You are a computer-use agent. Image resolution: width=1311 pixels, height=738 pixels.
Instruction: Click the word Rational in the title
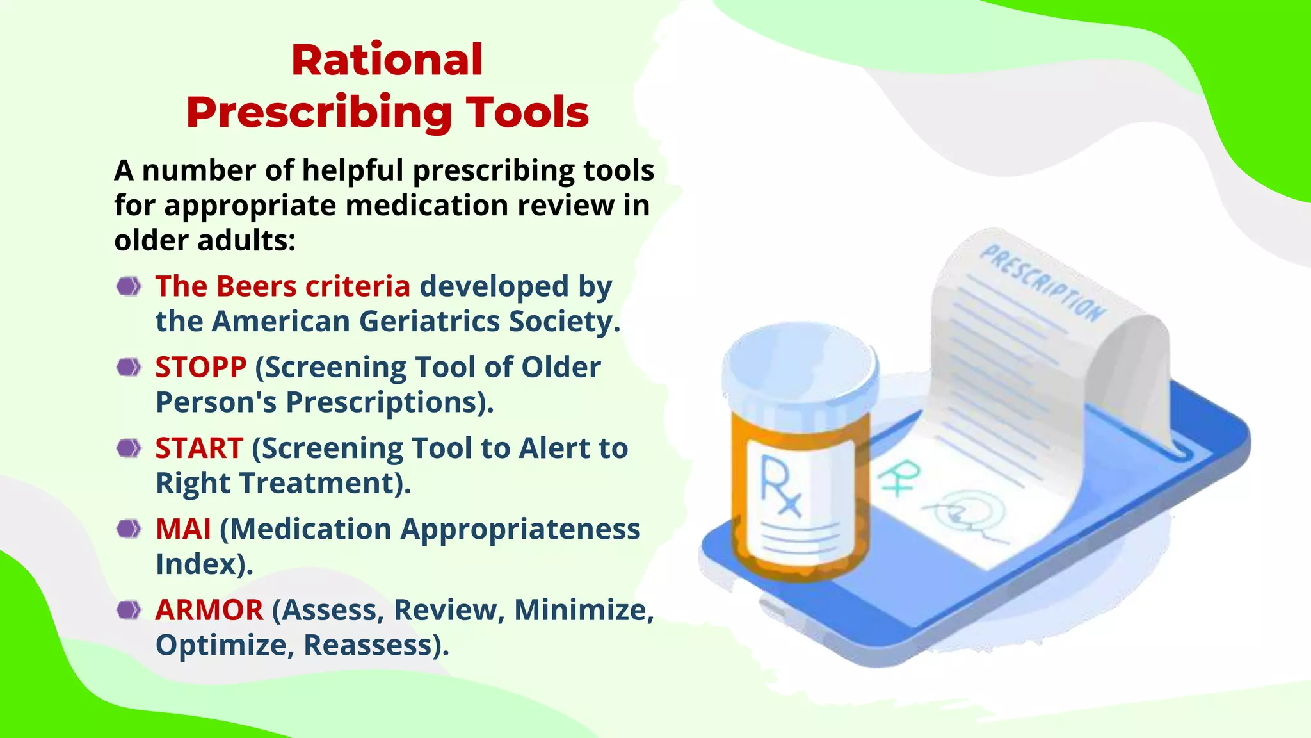tap(387, 60)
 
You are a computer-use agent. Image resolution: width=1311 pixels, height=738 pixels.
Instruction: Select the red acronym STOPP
tap(200, 368)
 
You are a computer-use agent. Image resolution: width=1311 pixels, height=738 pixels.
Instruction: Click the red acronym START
tap(198, 448)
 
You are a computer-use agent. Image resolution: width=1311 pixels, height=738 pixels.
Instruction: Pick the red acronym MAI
tap(183, 529)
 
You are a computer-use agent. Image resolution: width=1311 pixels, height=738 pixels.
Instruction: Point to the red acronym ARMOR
tap(209, 610)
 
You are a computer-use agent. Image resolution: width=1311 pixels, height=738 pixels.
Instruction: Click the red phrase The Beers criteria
tap(282, 286)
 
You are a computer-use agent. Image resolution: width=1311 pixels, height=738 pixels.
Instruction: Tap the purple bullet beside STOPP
tap(129, 368)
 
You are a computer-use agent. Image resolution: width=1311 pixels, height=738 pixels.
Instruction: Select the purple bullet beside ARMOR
tap(129, 610)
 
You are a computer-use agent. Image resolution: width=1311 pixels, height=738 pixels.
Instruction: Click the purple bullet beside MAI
tap(129, 529)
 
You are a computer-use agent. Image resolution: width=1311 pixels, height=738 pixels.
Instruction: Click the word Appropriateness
tap(520, 529)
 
